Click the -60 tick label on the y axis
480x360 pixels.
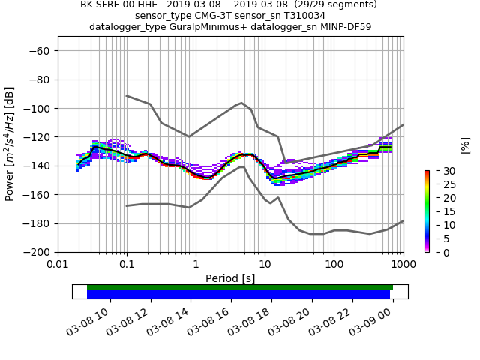point(39,51)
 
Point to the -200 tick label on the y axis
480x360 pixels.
point(36,252)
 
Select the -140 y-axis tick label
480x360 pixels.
point(36,166)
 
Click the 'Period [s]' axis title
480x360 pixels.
point(230,278)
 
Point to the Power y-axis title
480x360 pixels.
point(10,144)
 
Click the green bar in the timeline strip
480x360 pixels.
point(240,287)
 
